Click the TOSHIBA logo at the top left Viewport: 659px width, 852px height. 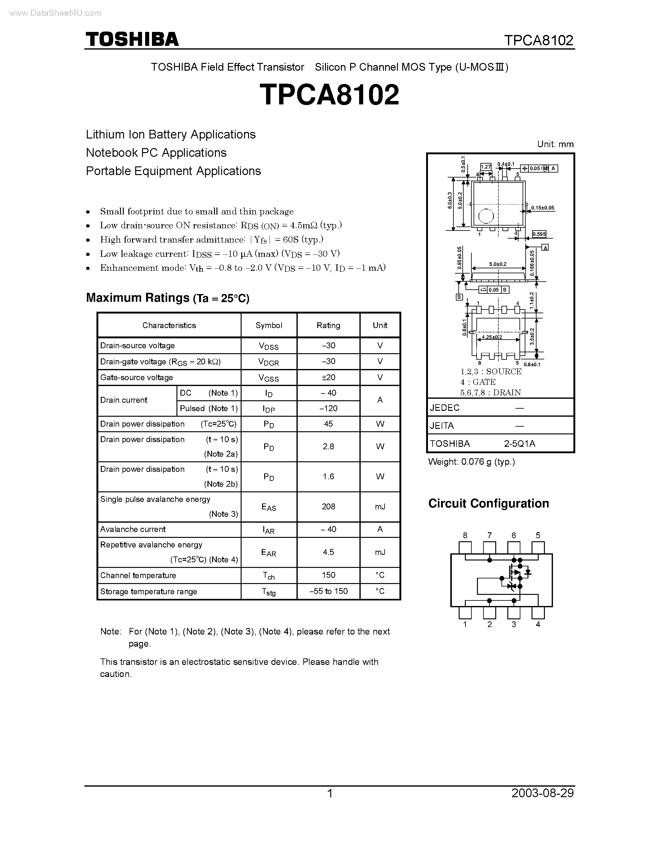click(132, 39)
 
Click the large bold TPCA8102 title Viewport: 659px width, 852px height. click(329, 95)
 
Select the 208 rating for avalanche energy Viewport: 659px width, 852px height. click(328, 506)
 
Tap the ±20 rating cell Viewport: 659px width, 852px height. click(328, 377)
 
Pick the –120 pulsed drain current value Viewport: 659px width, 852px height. click(328, 408)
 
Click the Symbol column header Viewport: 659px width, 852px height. click(269, 325)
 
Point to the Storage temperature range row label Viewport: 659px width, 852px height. click(148, 591)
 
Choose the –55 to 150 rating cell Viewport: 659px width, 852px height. click(328, 591)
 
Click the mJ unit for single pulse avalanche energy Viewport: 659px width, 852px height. click(380, 506)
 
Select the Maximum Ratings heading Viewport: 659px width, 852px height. click(167, 298)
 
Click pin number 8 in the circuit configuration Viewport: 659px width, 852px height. click(465, 535)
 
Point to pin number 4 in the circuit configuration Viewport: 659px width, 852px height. click(538, 624)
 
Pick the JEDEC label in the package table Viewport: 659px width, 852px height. click(445, 408)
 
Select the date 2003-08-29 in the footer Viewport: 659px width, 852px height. click(542, 793)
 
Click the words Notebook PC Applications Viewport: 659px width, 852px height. click(156, 152)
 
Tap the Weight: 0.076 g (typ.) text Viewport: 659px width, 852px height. click(471, 462)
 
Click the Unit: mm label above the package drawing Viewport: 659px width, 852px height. click(555, 144)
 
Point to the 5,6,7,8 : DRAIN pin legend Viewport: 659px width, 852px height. click(490, 393)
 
